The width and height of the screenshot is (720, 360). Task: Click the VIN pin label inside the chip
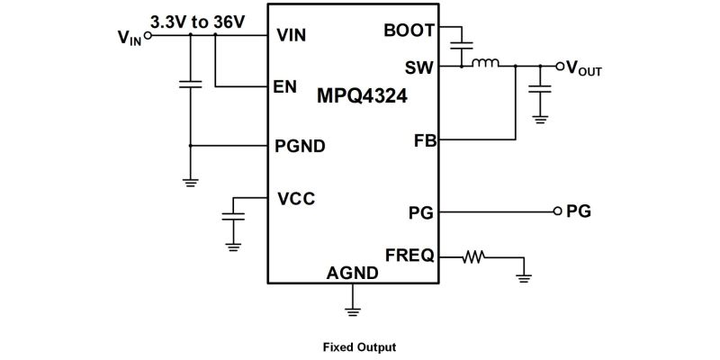tap(292, 36)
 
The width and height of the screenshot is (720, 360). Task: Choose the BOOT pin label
tap(409, 30)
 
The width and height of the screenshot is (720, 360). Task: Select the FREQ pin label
tap(409, 256)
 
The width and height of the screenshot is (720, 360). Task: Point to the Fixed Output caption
tap(359, 346)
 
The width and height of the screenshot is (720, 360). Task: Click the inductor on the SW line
tap(487, 64)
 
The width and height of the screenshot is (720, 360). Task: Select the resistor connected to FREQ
tap(473, 256)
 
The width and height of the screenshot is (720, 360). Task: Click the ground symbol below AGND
tap(354, 311)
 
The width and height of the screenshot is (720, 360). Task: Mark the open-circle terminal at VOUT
tap(560, 66)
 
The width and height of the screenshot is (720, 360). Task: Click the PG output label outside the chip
tap(578, 212)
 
